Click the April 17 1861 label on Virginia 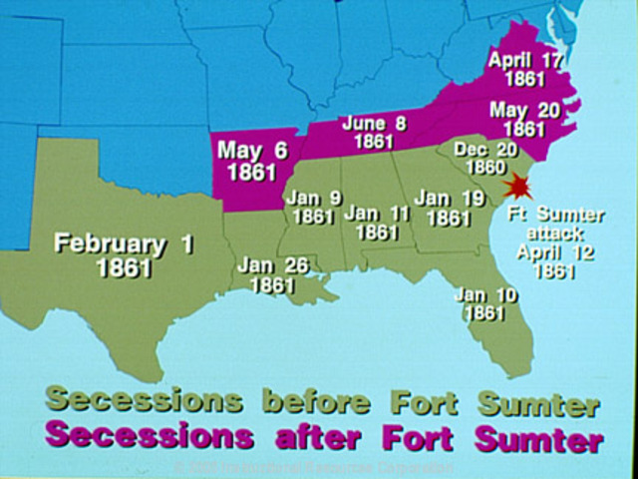[x=524, y=69]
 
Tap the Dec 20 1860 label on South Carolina [x=479, y=158]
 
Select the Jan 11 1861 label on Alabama [x=377, y=222]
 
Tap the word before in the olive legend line [x=315, y=402]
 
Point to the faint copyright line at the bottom [x=315, y=466]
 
